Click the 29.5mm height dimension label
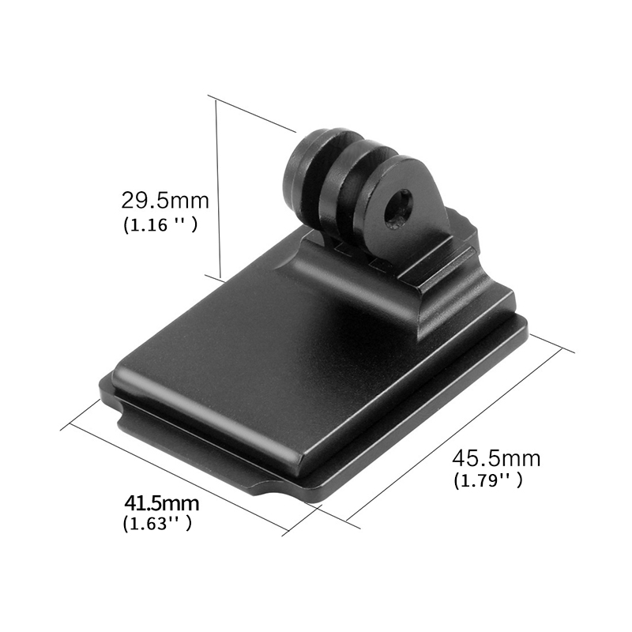click(x=165, y=201)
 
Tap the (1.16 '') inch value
click(x=160, y=225)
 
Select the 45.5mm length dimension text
click(x=496, y=458)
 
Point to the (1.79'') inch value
click(x=487, y=481)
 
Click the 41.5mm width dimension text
click(x=162, y=503)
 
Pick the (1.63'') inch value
click(x=157, y=524)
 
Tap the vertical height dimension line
click(x=219, y=190)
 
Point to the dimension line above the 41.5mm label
click(x=179, y=477)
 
